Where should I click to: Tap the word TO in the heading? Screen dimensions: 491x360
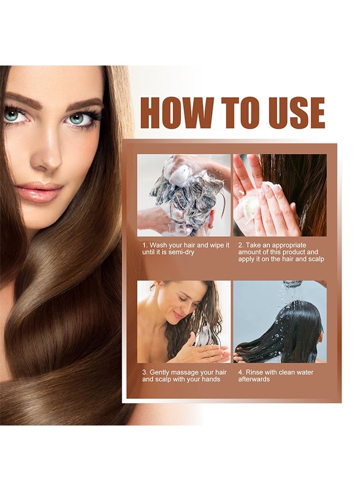[x=233, y=113]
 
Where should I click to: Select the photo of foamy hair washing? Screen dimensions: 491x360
[x=184, y=195]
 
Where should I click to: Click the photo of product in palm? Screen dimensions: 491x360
[x=280, y=195]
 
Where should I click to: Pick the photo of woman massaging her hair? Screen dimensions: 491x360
[x=184, y=322]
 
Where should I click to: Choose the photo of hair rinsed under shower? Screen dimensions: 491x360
[x=280, y=322]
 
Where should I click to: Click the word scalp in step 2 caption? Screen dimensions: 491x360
[x=315, y=259]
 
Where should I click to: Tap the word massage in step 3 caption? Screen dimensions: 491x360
[x=187, y=373]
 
